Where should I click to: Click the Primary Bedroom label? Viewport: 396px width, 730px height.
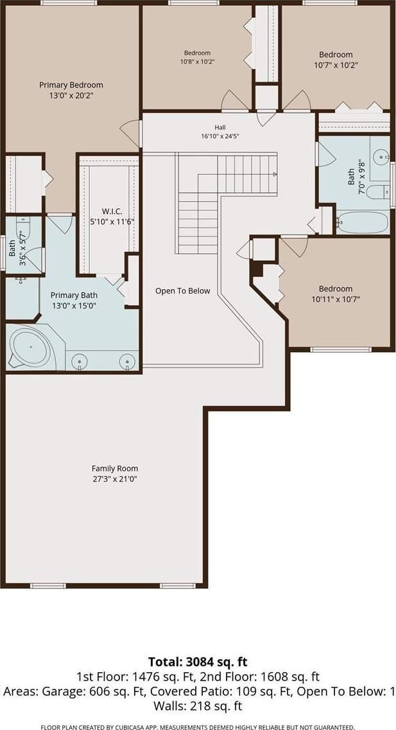(x=71, y=85)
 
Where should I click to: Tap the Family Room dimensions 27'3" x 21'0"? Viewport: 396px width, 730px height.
(x=114, y=478)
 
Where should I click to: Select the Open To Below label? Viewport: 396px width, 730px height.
(x=183, y=291)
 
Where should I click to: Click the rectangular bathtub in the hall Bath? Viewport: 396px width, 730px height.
(x=363, y=222)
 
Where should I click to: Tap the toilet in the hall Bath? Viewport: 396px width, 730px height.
(x=377, y=191)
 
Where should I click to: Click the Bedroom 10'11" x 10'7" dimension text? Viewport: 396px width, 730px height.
(x=335, y=299)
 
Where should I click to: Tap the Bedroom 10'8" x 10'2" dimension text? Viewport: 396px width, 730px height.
(x=197, y=61)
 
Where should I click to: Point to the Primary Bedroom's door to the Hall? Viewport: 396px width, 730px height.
(x=132, y=133)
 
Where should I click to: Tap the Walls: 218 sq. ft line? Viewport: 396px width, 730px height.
(x=198, y=706)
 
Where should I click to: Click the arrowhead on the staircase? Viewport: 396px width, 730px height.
(x=275, y=175)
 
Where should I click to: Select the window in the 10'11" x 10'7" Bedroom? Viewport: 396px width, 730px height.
(x=334, y=349)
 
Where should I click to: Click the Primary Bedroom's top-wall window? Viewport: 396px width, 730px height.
(x=68, y=3)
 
